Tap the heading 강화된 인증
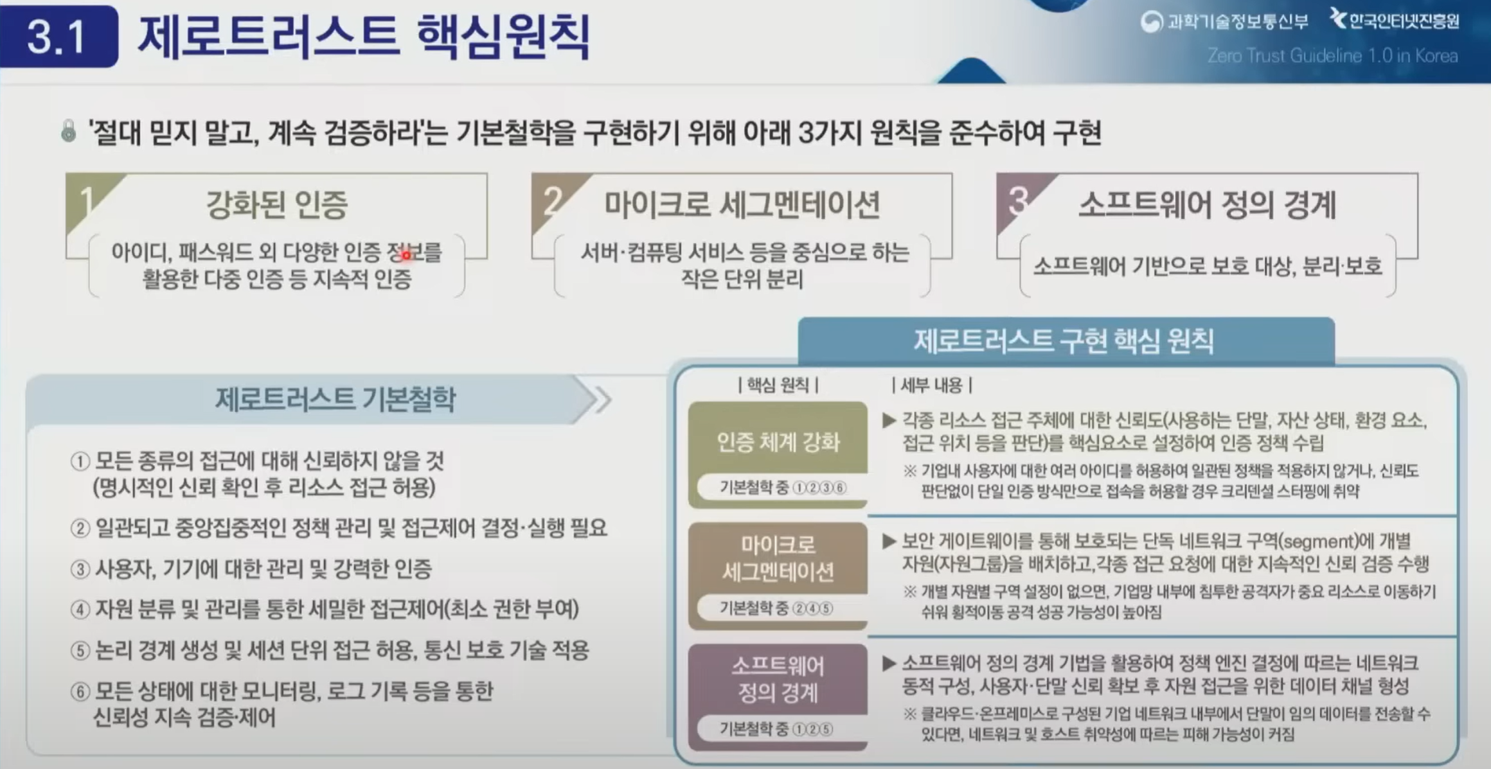(276, 204)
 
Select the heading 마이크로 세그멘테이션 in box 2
(742, 204)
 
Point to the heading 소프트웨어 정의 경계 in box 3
(1207, 204)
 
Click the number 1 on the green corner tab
(85, 200)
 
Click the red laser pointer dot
(406, 256)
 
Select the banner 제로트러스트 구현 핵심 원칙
(1066, 341)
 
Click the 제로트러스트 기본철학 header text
(335, 399)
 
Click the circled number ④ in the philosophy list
(80, 609)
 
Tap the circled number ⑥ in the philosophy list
(80, 692)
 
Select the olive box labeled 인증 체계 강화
(778, 455)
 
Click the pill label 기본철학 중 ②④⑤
(776, 608)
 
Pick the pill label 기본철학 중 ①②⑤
(776, 729)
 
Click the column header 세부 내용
(932, 385)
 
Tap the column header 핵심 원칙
(778, 385)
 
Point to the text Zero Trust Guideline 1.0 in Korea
(1332, 56)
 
